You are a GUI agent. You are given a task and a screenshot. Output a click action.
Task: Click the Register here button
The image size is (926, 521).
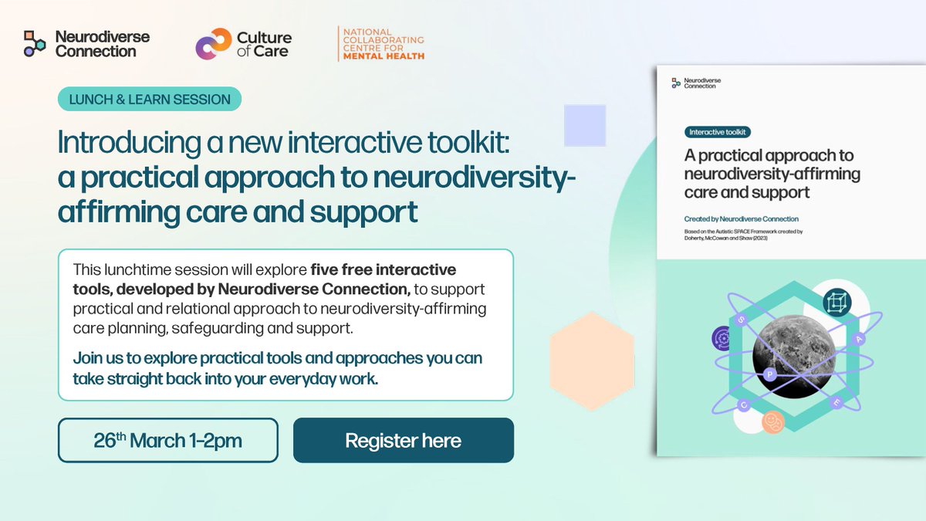coord(403,441)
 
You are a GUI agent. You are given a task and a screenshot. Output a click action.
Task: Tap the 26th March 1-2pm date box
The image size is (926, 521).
coord(167,441)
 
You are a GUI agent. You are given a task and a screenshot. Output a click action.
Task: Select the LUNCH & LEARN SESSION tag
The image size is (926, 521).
coord(150,99)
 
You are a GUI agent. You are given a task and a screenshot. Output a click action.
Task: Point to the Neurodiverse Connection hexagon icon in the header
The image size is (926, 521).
coord(35,43)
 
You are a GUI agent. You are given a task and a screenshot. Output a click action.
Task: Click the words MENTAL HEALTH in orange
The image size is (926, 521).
coord(384,56)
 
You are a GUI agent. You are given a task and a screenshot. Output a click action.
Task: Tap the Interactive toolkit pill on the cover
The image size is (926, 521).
coord(718,132)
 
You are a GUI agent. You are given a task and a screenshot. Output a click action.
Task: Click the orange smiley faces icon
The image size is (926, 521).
coord(772,421)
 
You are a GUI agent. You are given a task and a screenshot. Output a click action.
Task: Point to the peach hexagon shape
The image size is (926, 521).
coord(593,350)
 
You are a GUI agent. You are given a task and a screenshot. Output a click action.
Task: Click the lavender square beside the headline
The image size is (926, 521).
coord(585,125)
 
